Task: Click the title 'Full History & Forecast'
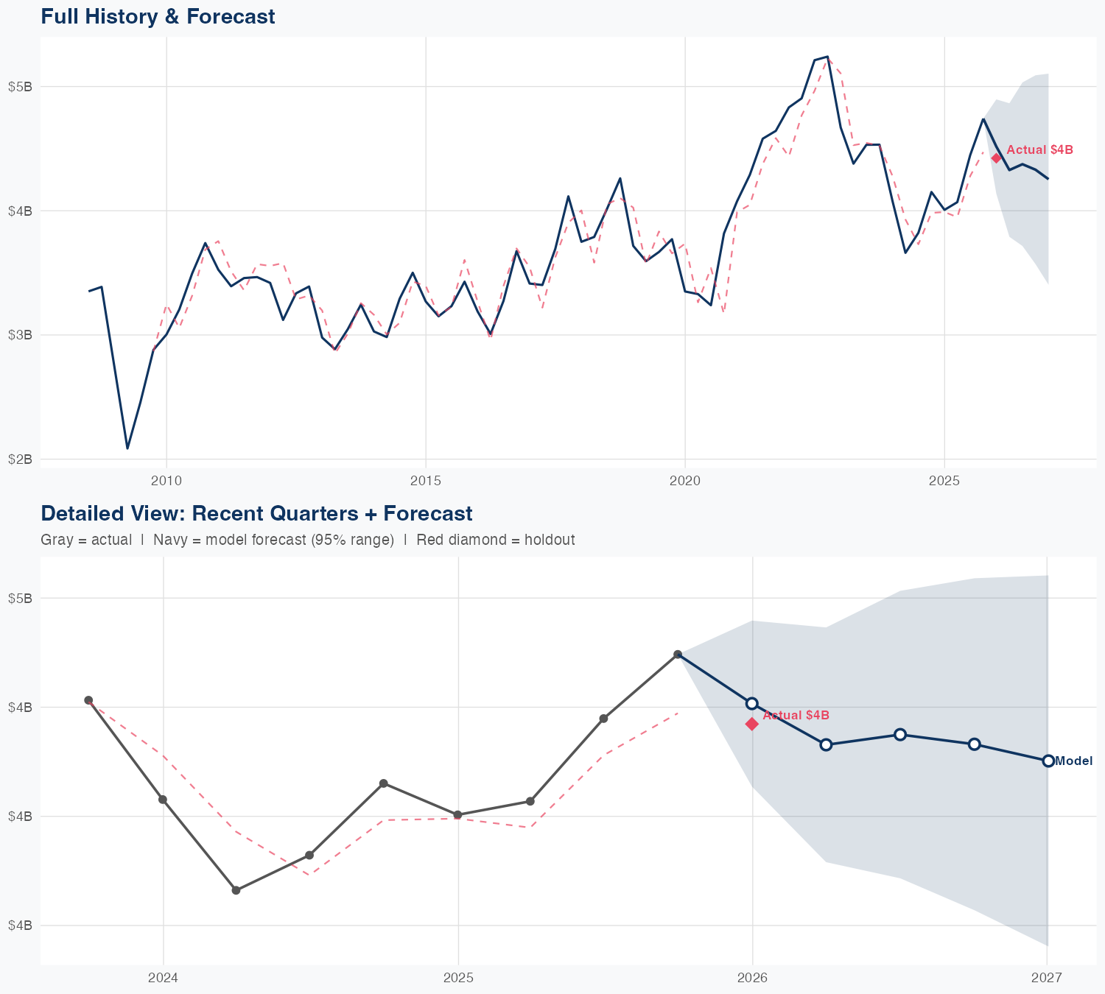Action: [x=158, y=16]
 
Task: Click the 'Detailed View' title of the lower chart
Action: [x=256, y=513]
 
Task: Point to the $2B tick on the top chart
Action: [x=20, y=459]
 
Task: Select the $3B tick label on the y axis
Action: [x=20, y=335]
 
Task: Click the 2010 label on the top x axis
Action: [x=166, y=482]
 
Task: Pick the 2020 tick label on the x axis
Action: [x=684, y=482]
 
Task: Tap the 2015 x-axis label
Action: [x=425, y=482]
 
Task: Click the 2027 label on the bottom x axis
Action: [x=1046, y=978]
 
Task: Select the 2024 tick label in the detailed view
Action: [x=163, y=978]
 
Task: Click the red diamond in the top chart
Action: [x=996, y=158]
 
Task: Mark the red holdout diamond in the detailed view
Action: [x=751, y=725]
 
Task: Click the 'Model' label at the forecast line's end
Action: [x=1073, y=761]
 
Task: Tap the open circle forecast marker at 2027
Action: [x=1048, y=761]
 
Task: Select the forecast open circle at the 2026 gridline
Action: [x=751, y=703]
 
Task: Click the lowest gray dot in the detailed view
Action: [x=236, y=890]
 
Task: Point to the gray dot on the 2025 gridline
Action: [x=457, y=814]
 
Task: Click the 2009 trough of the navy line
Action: [x=127, y=448]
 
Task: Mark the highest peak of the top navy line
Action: [x=827, y=57]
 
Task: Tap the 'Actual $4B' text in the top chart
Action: [x=1039, y=150]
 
